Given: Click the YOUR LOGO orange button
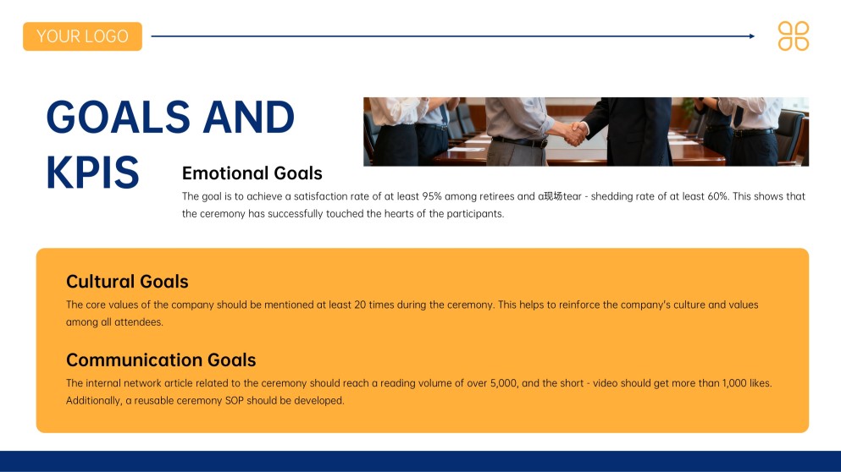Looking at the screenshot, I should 82,36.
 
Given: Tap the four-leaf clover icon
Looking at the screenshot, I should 793,36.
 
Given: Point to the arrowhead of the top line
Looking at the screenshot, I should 751,36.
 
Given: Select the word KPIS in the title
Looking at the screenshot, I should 91,173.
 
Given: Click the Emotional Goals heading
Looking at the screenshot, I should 252,173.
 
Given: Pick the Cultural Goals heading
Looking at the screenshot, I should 127,282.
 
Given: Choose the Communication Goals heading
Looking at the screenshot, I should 161,360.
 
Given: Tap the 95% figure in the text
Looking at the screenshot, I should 433,196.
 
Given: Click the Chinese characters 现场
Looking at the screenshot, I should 553,196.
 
